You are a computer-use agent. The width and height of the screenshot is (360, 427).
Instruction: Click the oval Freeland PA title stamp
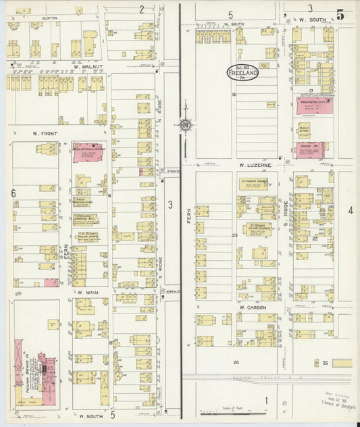tap(242, 74)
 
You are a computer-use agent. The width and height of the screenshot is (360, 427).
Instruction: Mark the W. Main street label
tap(88, 292)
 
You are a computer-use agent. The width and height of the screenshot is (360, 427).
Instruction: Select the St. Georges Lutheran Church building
tap(257, 230)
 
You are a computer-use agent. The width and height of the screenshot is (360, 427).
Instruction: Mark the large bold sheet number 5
tap(340, 14)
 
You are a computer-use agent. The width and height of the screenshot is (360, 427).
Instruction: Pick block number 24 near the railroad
tap(236, 363)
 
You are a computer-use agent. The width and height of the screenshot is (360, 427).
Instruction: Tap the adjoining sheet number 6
tap(13, 193)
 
